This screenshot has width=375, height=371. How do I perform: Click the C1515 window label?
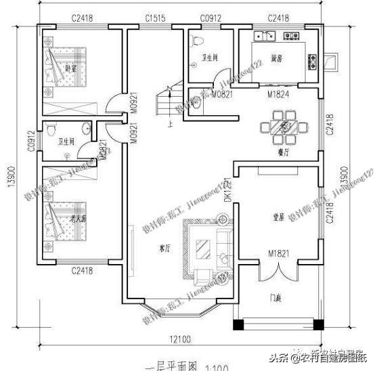[156, 18]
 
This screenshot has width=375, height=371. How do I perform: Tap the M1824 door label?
[278, 94]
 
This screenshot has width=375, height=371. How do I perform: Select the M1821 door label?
[278, 254]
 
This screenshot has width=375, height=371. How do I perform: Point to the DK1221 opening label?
[227, 191]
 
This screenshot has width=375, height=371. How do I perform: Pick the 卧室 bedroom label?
[71, 67]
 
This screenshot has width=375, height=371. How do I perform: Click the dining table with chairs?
[284, 126]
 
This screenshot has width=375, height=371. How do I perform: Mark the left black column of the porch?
[238, 324]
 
